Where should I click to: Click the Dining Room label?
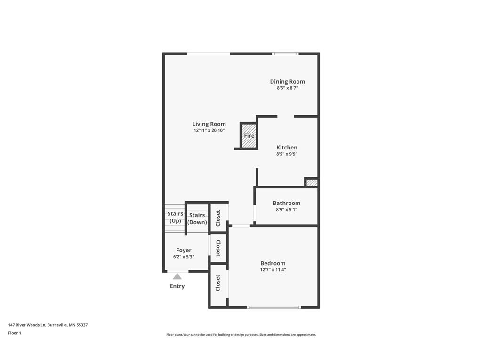(x=288, y=82)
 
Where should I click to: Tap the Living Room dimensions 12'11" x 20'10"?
(x=209, y=130)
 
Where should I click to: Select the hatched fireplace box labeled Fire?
(x=249, y=135)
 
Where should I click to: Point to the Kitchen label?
(x=287, y=147)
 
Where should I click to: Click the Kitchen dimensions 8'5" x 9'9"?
(x=287, y=154)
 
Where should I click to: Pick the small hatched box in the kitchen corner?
(x=312, y=182)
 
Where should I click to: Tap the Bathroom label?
(x=287, y=203)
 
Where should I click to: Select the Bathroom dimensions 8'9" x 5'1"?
(x=287, y=209)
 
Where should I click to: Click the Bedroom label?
(x=273, y=263)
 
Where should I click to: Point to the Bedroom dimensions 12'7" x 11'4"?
(x=273, y=269)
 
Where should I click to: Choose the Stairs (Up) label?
(x=175, y=217)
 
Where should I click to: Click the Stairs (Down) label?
(x=197, y=219)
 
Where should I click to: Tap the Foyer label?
(x=184, y=250)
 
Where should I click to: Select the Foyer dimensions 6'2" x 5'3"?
(x=184, y=257)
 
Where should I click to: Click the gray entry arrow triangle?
(x=177, y=276)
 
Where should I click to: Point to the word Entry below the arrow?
(x=177, y=286)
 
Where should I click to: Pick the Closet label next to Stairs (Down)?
(x=218, y=218)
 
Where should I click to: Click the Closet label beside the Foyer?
(x=218, y=248)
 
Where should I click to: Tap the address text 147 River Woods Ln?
(x=27, y=325)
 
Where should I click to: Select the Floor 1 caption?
(x=15, y=333)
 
